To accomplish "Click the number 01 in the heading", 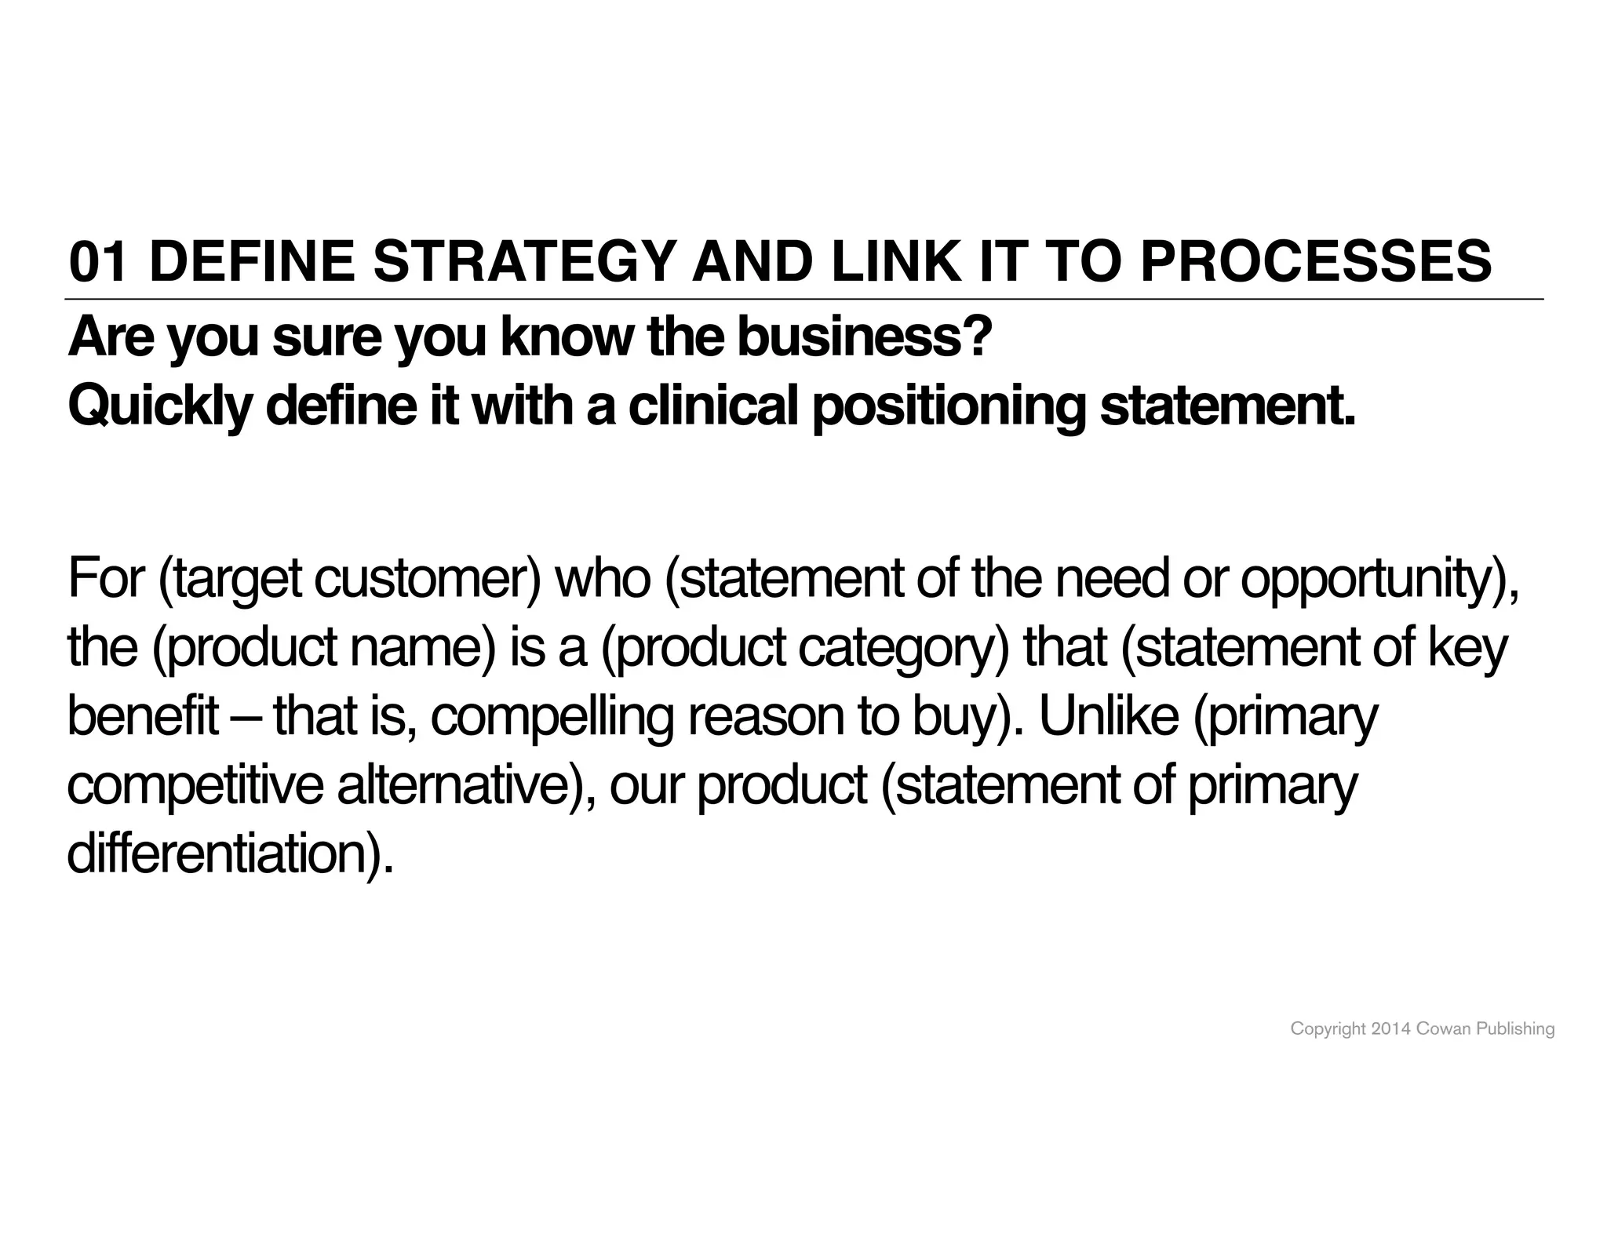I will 97,262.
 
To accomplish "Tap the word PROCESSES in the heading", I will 1316,262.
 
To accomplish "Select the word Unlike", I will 1109,715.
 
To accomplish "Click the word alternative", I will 461,785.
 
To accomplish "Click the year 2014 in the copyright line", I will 1390,1028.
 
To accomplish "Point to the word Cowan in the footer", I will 1443,1028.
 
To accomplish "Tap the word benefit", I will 144,715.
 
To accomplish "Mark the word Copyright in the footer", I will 1328,1029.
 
